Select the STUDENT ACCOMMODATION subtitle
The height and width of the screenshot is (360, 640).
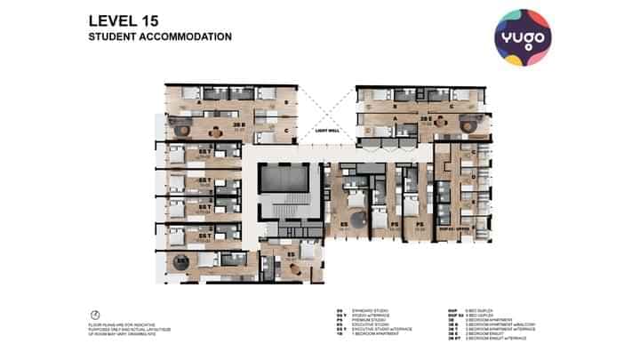pyautogui.click(x=160, y=37)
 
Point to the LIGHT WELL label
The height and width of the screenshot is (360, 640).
pyautogui.click(x=328, y=132)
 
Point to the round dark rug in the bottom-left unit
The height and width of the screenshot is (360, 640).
pyautogui.click(x=181, y=262)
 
